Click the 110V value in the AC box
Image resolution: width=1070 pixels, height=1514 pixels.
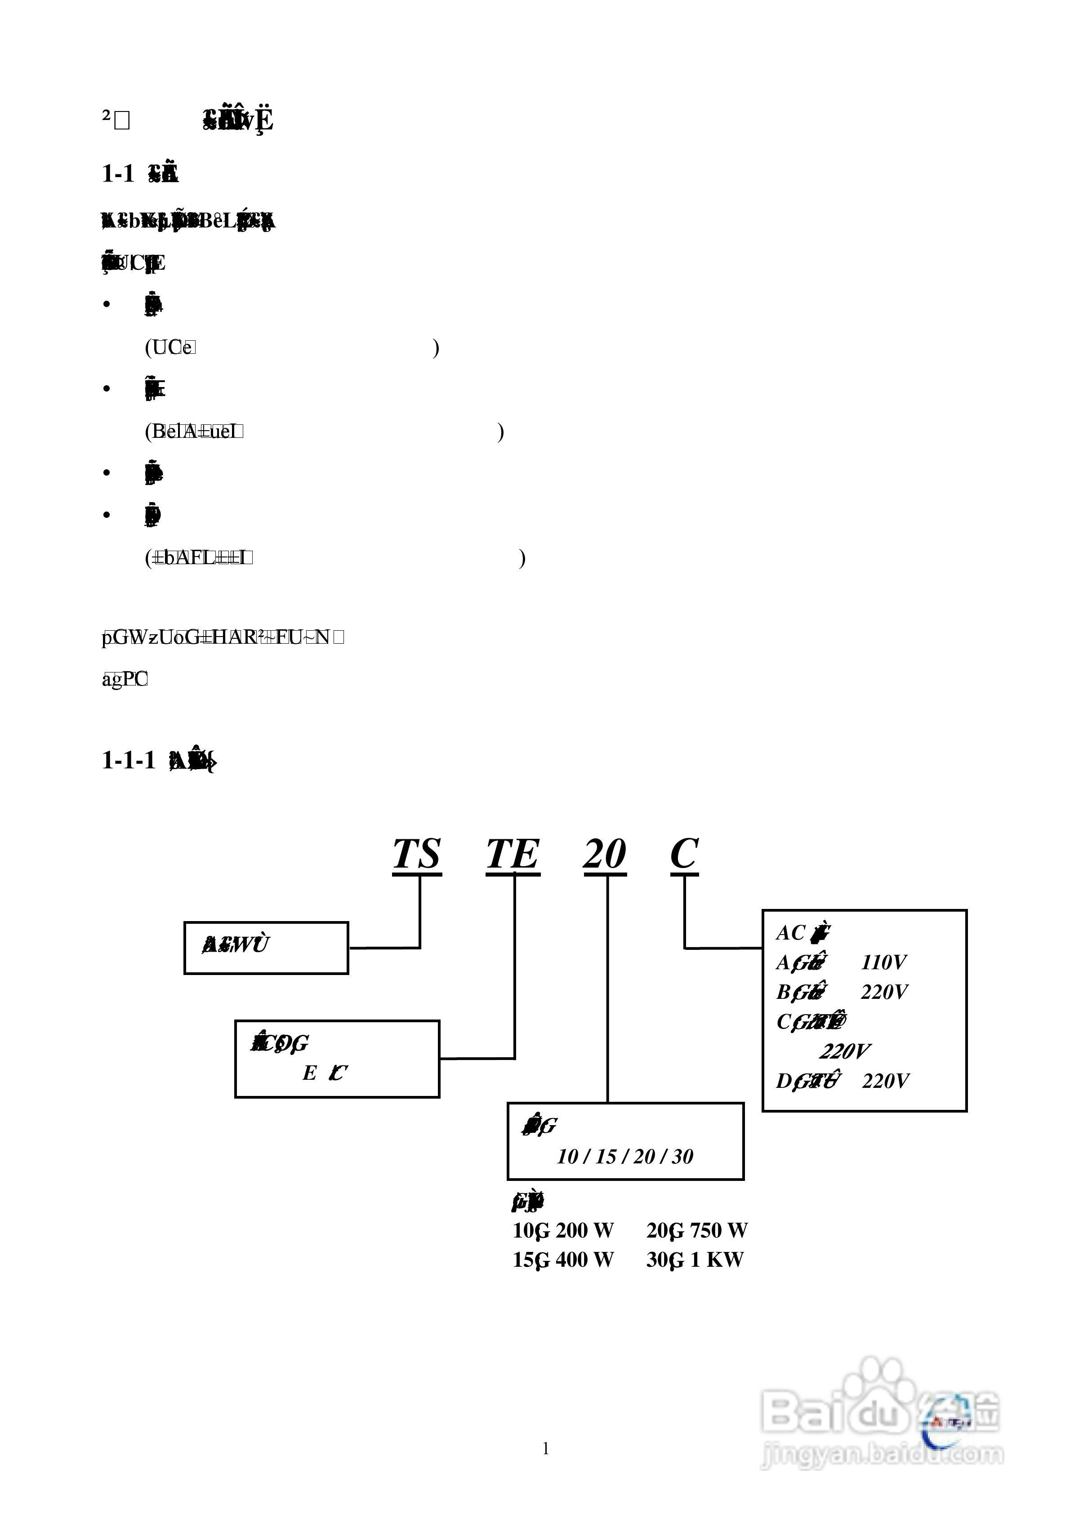[883, 963]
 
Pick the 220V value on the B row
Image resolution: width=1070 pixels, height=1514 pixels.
[884, 993]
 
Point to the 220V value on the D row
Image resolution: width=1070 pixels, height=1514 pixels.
[885, 1082]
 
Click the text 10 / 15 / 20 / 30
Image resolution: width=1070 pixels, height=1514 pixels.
[625, 1157]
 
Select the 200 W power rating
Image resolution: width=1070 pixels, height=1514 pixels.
[584, 1230]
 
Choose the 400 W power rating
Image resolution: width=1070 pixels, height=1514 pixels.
[584, 1260]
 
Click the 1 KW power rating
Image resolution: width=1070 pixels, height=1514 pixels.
[717, 1260]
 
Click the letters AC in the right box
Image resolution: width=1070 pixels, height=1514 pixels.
[790, 933]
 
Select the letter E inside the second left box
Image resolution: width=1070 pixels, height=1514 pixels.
[309, 1073]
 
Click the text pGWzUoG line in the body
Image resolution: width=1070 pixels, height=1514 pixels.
[222, 637]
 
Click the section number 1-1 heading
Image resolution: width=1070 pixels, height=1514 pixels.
[117, 174]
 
